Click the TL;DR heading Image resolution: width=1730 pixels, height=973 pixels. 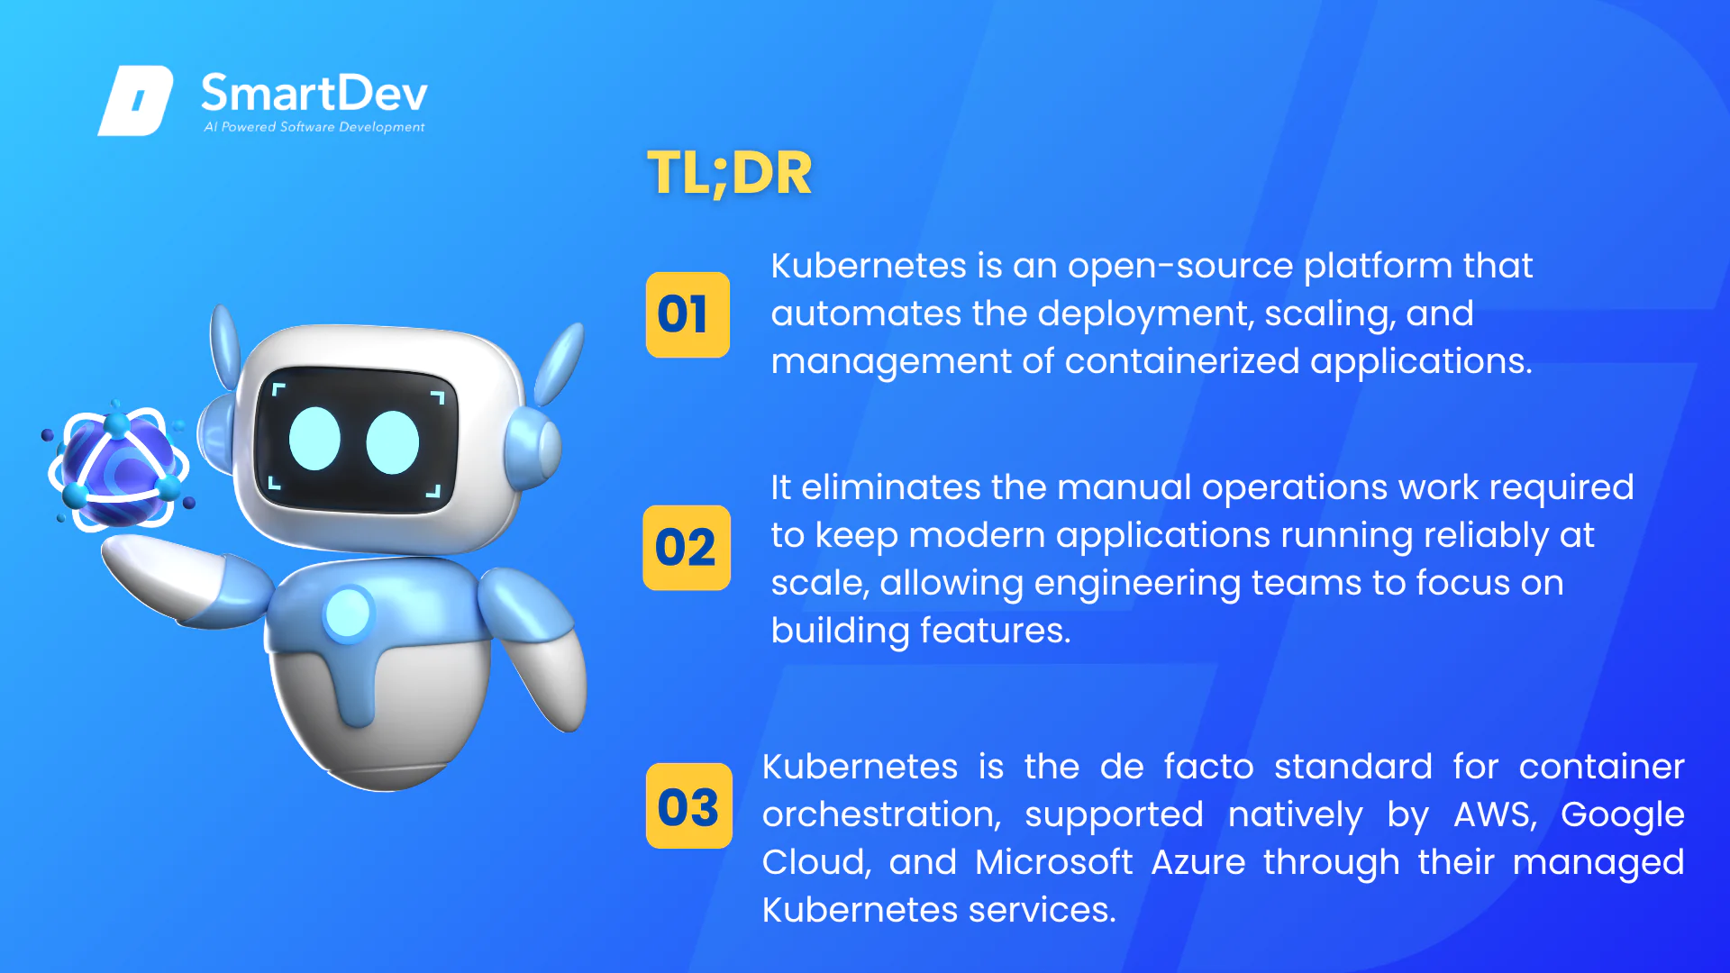click(730, 173)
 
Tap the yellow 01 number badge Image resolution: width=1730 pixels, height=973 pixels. click(687, 314)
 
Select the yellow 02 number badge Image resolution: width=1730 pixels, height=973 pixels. click(687, 548)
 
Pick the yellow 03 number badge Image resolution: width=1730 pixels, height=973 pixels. click(689, 806)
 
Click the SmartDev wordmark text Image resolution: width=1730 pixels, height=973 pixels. click(314, 94)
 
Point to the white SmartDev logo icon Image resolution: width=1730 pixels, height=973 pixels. click(135, 100)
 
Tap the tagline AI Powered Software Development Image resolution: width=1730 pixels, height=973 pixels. click(314, 127)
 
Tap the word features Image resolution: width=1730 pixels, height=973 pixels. click(996, 631)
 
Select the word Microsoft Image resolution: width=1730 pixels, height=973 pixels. click(1053, 862)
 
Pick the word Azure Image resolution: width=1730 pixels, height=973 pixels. click(1198, 862)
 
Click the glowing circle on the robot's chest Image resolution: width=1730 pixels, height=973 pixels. click(348, 614)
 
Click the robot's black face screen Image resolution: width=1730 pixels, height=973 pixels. click(357, 440)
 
